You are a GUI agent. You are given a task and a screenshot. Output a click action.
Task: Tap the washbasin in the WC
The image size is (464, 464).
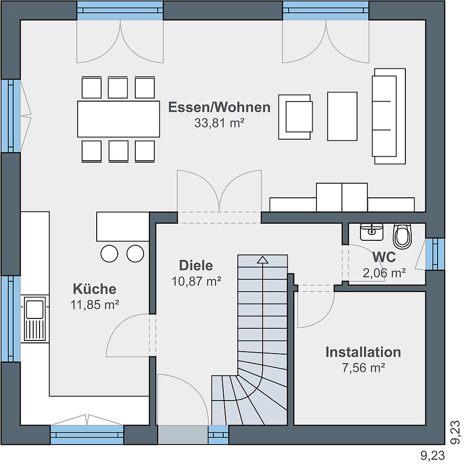click(372, 232)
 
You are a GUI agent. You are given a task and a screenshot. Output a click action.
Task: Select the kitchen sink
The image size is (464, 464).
click(35, 318)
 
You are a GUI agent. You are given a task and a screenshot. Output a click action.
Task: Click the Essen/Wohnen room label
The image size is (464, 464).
click(219, 107)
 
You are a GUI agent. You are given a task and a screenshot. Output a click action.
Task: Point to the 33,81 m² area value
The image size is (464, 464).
click(219, 123)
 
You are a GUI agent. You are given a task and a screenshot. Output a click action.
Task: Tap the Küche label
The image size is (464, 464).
click(95, 289)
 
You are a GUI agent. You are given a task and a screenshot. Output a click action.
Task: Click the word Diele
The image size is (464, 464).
click(196, 265)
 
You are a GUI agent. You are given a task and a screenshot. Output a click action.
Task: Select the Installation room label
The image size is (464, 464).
click(363, 352)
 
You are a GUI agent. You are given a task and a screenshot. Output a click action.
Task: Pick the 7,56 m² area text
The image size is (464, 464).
click(363, 368)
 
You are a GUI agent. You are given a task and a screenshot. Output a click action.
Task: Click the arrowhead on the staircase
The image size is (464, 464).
click(262, 260)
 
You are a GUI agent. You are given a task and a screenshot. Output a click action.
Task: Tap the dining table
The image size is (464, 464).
click(118, 119)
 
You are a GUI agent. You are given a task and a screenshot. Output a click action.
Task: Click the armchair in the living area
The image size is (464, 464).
click(295, 117)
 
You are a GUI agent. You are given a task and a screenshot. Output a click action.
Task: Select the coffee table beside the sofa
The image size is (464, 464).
click(342, 116)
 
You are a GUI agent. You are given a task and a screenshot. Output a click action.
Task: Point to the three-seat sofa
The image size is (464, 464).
click(389, 116)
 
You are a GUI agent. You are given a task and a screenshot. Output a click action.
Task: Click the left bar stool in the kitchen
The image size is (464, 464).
click(109, 253)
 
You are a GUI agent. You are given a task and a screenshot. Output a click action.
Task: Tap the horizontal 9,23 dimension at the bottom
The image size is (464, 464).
click(433, 455)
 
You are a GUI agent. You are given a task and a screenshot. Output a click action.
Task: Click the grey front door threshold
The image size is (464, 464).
click(183, 435)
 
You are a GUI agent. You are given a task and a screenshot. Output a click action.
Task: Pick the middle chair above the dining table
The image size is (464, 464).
click(118, 87)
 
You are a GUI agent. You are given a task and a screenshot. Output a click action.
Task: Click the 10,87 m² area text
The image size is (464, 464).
click(196, 281)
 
